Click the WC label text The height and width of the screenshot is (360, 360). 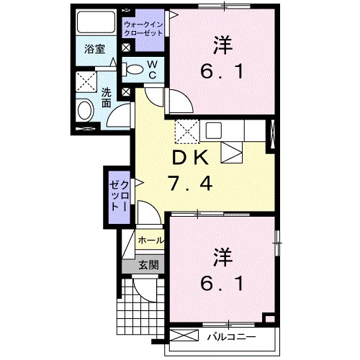coord(153,70)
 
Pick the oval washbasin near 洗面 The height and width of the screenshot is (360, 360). coord(86,112)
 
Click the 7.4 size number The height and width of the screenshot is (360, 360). coord(190,185)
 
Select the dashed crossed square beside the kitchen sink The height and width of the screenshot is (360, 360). coord(186,131)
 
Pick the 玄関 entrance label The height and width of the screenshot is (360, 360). coord(146,264)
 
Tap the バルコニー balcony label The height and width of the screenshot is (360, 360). coord(229,336)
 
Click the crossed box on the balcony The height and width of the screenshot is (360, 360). coord(184,336)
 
